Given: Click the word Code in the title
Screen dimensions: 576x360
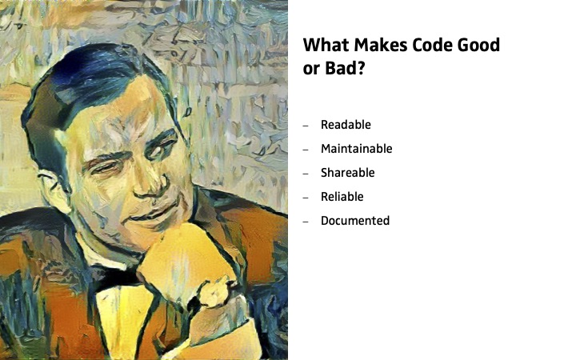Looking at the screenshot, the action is (x=432, y=45).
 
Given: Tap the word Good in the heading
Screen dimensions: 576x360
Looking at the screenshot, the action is (x=478, y=45).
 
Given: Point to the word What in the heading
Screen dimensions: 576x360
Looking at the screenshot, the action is (x=326, y=45).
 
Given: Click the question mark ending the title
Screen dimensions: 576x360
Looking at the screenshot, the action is (x=360, y=68).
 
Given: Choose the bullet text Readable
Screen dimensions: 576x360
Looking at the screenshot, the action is (x=346, y=125).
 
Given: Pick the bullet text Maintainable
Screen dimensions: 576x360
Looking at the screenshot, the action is (x=356, y=149).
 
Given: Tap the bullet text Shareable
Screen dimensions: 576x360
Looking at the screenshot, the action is (x=347, y=172).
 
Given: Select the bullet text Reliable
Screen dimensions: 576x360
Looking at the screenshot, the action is (x=342, y=197).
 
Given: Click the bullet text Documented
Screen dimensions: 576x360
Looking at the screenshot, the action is (x=355, y=221).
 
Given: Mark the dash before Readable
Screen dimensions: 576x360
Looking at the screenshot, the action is (x=306, y=126).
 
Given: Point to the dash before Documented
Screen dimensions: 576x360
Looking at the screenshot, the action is (x=306, y=222).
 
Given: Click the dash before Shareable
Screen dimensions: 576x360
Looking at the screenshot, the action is (x=306, y=174).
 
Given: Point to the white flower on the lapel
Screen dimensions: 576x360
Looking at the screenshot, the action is (x=214, y=292).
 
